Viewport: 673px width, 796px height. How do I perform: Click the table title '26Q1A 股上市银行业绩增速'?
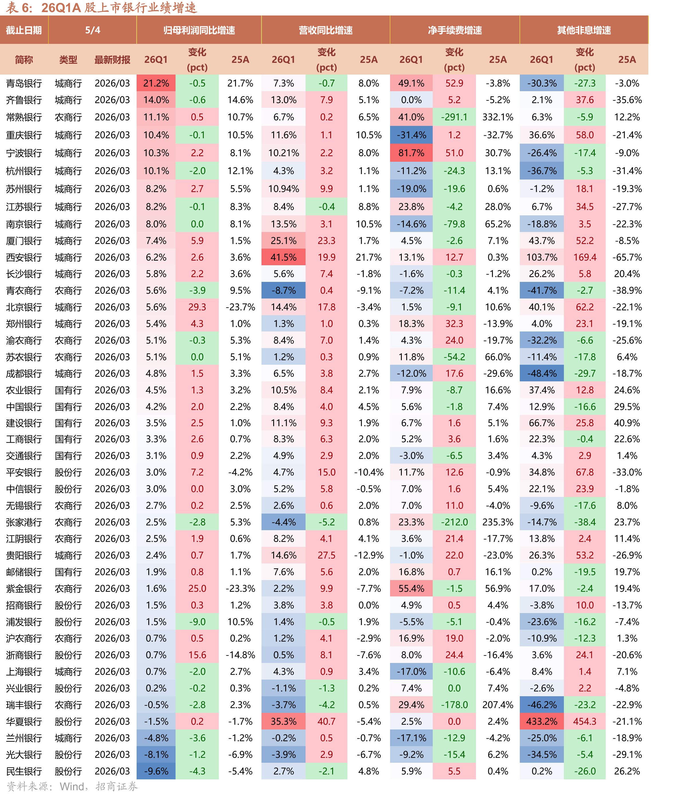tap(119, 8)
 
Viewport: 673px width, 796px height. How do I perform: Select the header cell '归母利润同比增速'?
tap(199, 30)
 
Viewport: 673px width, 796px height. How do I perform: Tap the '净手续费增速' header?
tap(455, 30)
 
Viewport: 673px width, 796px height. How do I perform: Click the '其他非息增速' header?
tap(584, 30)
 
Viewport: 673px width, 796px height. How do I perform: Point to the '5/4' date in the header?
tap(93, 30)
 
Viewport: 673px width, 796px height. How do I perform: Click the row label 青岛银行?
tap(24, 83)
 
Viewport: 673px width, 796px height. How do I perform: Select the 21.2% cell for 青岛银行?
tap(156, 83)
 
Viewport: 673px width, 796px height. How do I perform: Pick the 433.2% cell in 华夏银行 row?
tap(542, 721)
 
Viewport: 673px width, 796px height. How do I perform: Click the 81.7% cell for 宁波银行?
tap(411, 153)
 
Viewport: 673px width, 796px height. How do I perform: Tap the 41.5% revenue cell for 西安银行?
tap(284, 257)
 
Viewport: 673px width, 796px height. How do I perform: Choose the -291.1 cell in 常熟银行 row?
tap(454, 117)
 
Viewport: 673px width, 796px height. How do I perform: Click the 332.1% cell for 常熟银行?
tap(498, 117)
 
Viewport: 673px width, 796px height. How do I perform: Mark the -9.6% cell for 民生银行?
tap(156, 771)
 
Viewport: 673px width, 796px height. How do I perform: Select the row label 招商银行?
tap(24, 605)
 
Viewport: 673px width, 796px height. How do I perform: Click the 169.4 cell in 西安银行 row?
tap(585, 257)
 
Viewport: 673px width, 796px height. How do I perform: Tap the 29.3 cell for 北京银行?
tap(197, 307)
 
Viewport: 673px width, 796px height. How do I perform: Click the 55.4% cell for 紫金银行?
tap(411, 589)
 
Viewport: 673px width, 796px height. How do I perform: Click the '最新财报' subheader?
tap(113, 60)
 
